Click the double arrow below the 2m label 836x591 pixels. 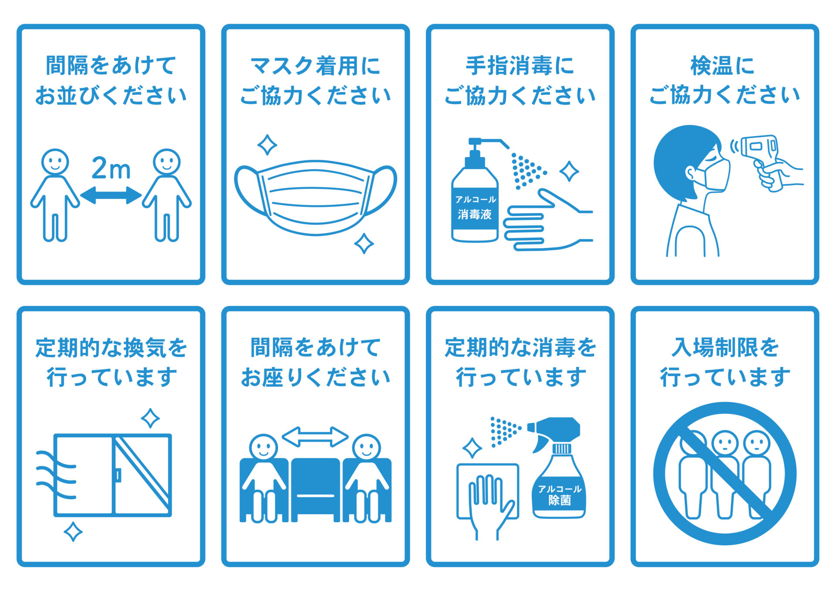click(111, 195)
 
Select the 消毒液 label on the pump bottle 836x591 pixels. click(475, 214)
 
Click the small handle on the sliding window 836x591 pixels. click(118, 475)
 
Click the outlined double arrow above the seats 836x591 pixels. click(315, 436)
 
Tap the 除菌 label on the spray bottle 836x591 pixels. click(560, 500)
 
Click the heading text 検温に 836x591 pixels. click(723, 66)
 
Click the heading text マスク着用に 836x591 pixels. click(315, 66)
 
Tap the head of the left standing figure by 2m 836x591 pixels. click(55, 162)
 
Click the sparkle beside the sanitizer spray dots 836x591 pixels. click(569, 171)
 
